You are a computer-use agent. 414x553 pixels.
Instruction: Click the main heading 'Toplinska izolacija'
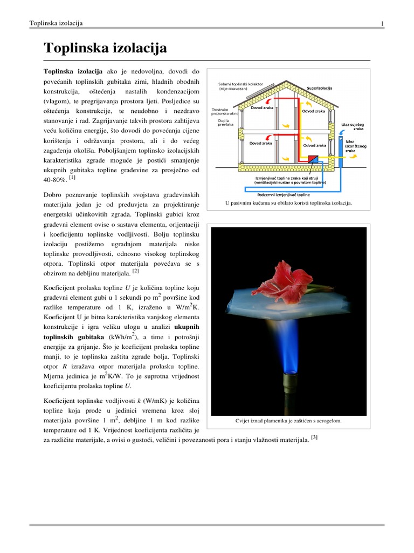point(105,48)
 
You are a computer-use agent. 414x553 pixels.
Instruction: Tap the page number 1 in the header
point(382,23)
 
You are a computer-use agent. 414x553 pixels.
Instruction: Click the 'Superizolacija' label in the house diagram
point(319,88)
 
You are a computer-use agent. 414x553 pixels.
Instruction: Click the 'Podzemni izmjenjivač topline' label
point(287,194)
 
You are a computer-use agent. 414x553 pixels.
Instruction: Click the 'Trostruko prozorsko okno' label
point(225,112)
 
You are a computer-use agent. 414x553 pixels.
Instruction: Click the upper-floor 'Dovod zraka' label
point(261,107)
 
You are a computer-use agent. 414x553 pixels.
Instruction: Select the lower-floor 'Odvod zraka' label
point(314,145)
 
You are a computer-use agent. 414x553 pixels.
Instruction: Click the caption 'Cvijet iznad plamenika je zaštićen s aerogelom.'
point(288,420)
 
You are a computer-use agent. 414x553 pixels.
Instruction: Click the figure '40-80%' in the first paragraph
point(54,179)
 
